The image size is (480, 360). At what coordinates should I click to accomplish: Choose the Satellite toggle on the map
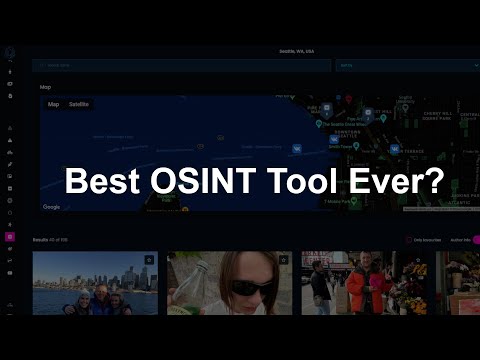point(79,104)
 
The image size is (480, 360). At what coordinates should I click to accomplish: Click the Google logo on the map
point(51,207)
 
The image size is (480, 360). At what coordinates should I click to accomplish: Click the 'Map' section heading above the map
point(45,87)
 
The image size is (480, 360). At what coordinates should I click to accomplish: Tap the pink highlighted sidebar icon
point(10,238)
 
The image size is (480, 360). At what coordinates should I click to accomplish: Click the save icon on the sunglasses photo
point(283,260)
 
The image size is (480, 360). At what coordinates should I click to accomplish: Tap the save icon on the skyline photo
point(149,260)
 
